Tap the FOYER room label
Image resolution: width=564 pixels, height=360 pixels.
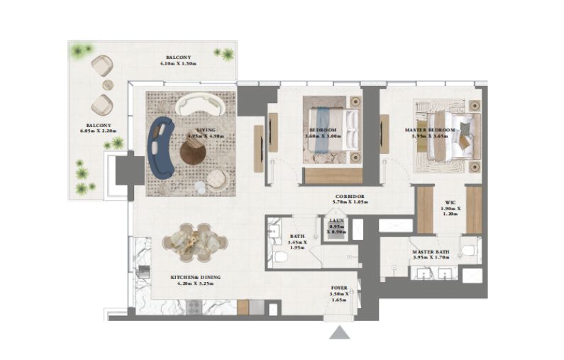(x=340, y=290)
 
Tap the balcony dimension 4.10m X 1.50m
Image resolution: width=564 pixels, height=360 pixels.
(x=178, y=61)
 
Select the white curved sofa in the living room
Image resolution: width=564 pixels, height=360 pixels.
(x=201, y=106)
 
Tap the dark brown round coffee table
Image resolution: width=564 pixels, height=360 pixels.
(x=192, y=151)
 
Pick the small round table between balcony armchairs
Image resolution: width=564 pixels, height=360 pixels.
(x=108, y=86)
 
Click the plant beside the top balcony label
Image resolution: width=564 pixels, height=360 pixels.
(x=227, y=54)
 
